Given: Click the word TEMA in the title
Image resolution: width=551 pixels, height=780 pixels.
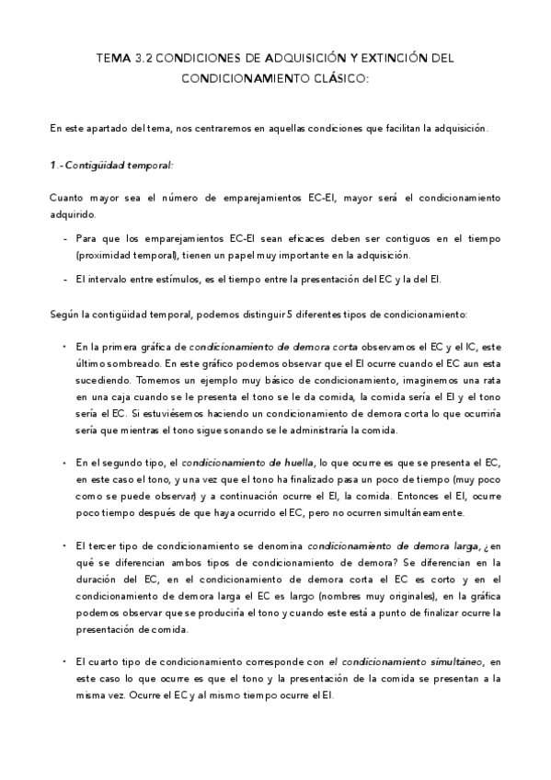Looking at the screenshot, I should (x=113, y=57).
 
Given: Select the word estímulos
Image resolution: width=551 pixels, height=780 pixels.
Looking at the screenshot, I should (x=187, y=279).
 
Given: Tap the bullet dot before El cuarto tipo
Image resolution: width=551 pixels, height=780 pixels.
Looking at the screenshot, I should (x=63, y=661).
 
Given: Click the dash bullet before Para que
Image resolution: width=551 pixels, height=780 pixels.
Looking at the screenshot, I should (x=65, y=237).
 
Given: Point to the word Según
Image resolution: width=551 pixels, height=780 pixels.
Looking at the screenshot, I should (x=64, y=315).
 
